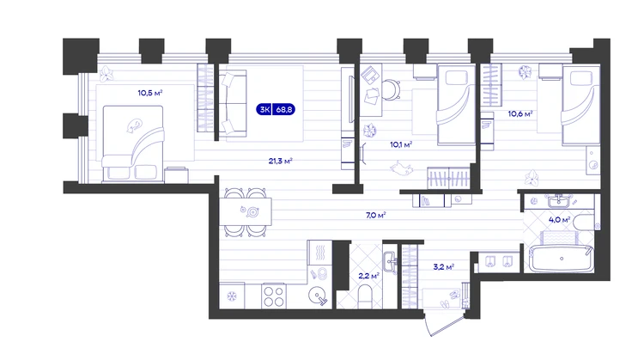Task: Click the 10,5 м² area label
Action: [150, 93]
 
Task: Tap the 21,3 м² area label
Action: [281, 161]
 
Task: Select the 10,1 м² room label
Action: [401, 144]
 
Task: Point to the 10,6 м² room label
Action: [520, 113]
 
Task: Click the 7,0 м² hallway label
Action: [376, 215]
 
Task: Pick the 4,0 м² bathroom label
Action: [559, 220]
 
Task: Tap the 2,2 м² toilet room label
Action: [369, 276]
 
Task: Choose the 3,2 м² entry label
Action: [444, 267]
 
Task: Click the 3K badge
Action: [264, 110]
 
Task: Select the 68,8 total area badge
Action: [284, 110]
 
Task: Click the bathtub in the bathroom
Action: [562, 259]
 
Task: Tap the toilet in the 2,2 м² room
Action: [365, 296]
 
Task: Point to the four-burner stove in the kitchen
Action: [274, 296]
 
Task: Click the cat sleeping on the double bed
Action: [134, 125]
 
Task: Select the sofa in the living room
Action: [233, 103]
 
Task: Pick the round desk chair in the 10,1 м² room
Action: [391, 89]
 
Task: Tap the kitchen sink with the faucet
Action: [319, 296]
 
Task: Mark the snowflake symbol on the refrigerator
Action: [232, 296]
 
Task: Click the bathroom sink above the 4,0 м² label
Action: [558, 201]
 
